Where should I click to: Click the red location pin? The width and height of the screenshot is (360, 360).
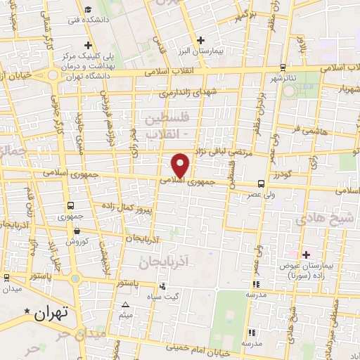tap(181, 165)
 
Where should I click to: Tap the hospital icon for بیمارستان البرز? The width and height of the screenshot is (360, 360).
tap(202, 40)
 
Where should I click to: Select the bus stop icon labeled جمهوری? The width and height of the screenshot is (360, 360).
tap(70, 205)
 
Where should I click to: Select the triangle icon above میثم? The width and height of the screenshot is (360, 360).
tap(125, 304)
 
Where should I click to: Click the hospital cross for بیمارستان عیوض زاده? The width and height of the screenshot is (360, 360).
tap(305, 254)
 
